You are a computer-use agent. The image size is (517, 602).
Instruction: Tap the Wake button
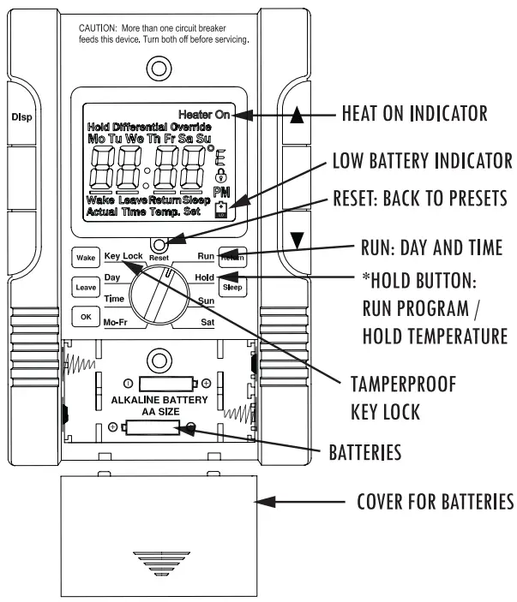point(84,257)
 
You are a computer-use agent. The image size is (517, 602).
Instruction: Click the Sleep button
point(233,288)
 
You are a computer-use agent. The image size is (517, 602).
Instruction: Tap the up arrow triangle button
point(296,117)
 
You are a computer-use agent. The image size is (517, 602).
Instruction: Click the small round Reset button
point(159,245)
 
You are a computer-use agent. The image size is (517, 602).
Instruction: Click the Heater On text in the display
point(204,115)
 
